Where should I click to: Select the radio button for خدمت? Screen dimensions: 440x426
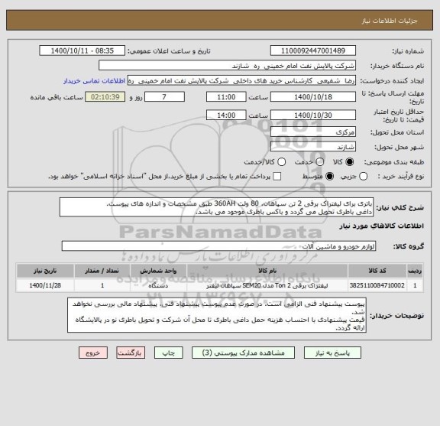click(x=280, y=162)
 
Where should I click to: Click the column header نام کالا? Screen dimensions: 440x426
click(x=267, y=270)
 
